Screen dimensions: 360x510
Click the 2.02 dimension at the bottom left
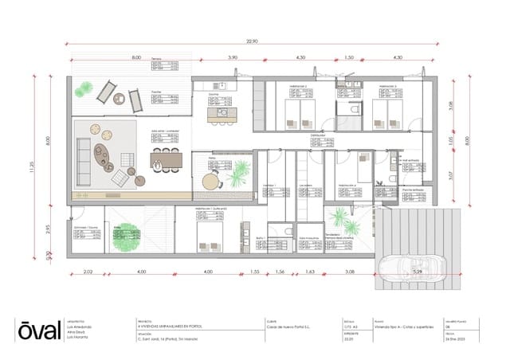[x=88, y=273]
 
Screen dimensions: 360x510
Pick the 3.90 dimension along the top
[x=233, y=58]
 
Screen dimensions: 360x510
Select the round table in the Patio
[x=210, y=182]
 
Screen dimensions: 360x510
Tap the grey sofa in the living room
[x=84, y=158]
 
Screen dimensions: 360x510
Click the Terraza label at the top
[x=157, y=59]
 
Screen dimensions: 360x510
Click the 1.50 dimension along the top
[x=348, y=58]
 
